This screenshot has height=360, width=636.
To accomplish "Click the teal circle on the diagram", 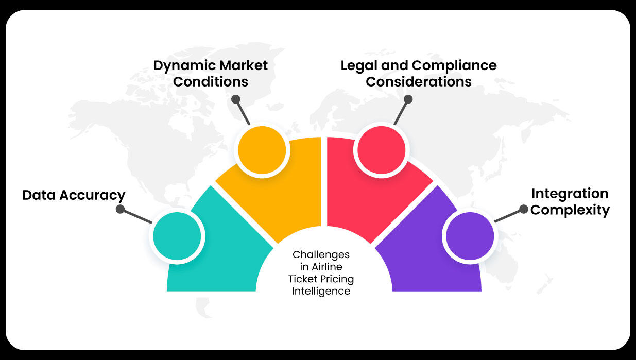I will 177,236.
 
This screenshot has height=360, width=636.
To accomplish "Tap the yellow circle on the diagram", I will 261,149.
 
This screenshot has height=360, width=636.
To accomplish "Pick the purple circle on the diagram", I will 470,236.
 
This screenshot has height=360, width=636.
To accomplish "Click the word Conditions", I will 211,81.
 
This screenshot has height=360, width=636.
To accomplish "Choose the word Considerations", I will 419,81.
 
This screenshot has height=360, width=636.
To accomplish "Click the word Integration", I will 570,194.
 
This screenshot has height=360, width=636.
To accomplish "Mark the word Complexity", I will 570,210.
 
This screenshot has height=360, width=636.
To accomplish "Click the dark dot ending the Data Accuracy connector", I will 120,210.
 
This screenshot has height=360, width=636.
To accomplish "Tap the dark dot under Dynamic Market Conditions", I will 236,98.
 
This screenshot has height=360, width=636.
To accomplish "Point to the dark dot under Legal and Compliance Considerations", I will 408,98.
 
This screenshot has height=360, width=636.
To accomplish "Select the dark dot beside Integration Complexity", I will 523,209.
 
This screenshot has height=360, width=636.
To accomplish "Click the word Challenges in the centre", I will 321,254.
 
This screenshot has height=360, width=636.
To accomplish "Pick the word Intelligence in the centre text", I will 321,291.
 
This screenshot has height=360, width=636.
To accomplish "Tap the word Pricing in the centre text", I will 337,279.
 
